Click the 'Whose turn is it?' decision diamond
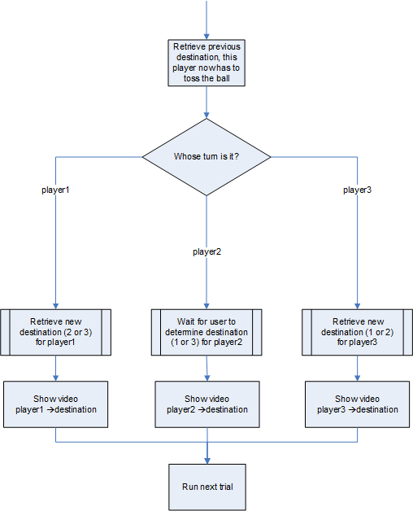point(206,157)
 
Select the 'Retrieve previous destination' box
point(206,63)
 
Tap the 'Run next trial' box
point(207,487)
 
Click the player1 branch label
point(55,190)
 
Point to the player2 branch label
point(206,252)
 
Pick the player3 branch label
point(357,190)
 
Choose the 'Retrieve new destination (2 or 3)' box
point(56,332)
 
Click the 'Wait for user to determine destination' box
point(206,332)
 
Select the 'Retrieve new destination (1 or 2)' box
point(357,332)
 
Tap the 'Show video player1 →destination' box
point(56,404)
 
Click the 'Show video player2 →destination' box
point(207,404)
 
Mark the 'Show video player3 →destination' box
point(357,404)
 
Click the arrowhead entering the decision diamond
point(206,116)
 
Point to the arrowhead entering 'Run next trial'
point(207,461)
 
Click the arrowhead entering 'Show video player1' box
point(56,378)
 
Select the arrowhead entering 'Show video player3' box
point(357,378)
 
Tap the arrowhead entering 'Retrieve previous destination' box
point(206,37)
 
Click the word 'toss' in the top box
point(192,79)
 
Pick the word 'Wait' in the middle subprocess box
point(185,321)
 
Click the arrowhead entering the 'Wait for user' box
point(206,306)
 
